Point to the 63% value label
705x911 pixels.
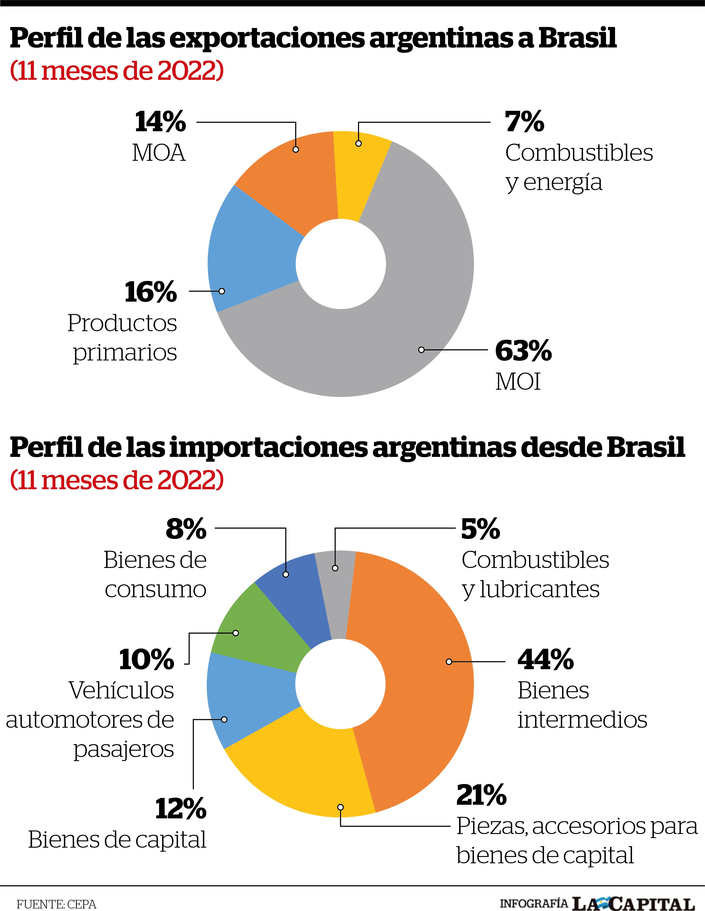pyautogui.click(x=523, y=351)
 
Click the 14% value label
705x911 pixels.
pyautogui.click(x=160, y=122)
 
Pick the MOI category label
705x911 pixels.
pyautogui.click(x=518, y=381)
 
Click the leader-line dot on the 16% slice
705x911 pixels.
pyautogui.click(x=222, y=291)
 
